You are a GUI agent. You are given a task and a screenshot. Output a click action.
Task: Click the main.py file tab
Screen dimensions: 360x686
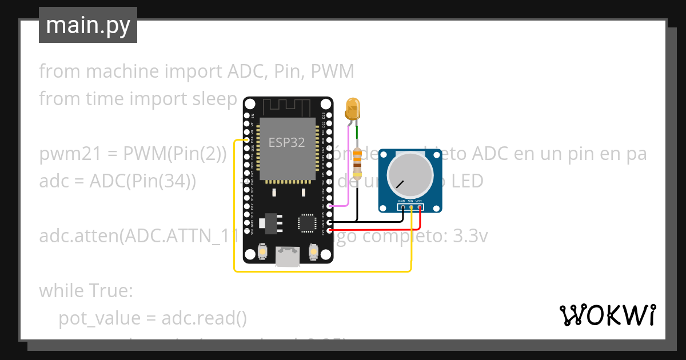click(87, 26)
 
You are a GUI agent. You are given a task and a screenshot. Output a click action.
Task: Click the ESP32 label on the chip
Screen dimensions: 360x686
click(287, 143)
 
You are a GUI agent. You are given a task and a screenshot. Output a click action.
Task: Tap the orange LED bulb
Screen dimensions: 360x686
click(353, 109)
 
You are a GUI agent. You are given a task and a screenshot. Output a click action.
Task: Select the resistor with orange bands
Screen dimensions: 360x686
click(358, 163)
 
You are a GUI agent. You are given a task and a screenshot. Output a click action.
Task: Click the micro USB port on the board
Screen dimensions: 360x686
click(288, 257)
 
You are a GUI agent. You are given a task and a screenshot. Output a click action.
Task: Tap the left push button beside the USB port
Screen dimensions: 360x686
click(262, 251)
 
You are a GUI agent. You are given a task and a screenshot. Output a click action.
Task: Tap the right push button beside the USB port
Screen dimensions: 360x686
click(313, 251)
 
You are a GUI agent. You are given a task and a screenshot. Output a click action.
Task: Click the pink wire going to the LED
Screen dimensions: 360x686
click(348, 171)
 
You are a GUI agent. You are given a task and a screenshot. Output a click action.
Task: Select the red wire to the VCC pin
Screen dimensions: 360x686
click(377, 229)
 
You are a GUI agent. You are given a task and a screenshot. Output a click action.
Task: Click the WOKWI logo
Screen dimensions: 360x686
click(607, 315)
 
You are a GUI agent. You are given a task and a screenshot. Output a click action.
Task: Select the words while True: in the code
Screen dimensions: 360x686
click(86, 291)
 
